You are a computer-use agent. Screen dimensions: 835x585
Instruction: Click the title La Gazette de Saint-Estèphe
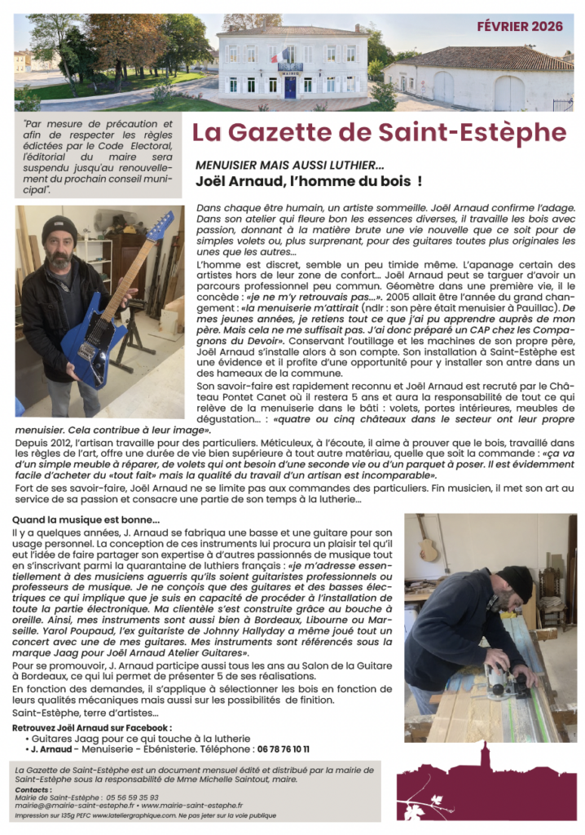(x=379, y=132)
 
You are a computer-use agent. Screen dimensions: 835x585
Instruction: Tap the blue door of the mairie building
(x=290, y=86)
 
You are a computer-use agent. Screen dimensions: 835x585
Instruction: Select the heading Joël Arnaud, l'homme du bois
(x=308, y=179)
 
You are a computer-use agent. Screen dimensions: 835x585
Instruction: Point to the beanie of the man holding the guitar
(x=59, y=229)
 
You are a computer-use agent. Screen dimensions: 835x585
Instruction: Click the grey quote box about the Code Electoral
(x=97, y=157)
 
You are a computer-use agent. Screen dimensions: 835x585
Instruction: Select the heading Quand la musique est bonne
(x=87, y=519)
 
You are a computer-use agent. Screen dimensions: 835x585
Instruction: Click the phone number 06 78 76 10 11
(x=272, y=749)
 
